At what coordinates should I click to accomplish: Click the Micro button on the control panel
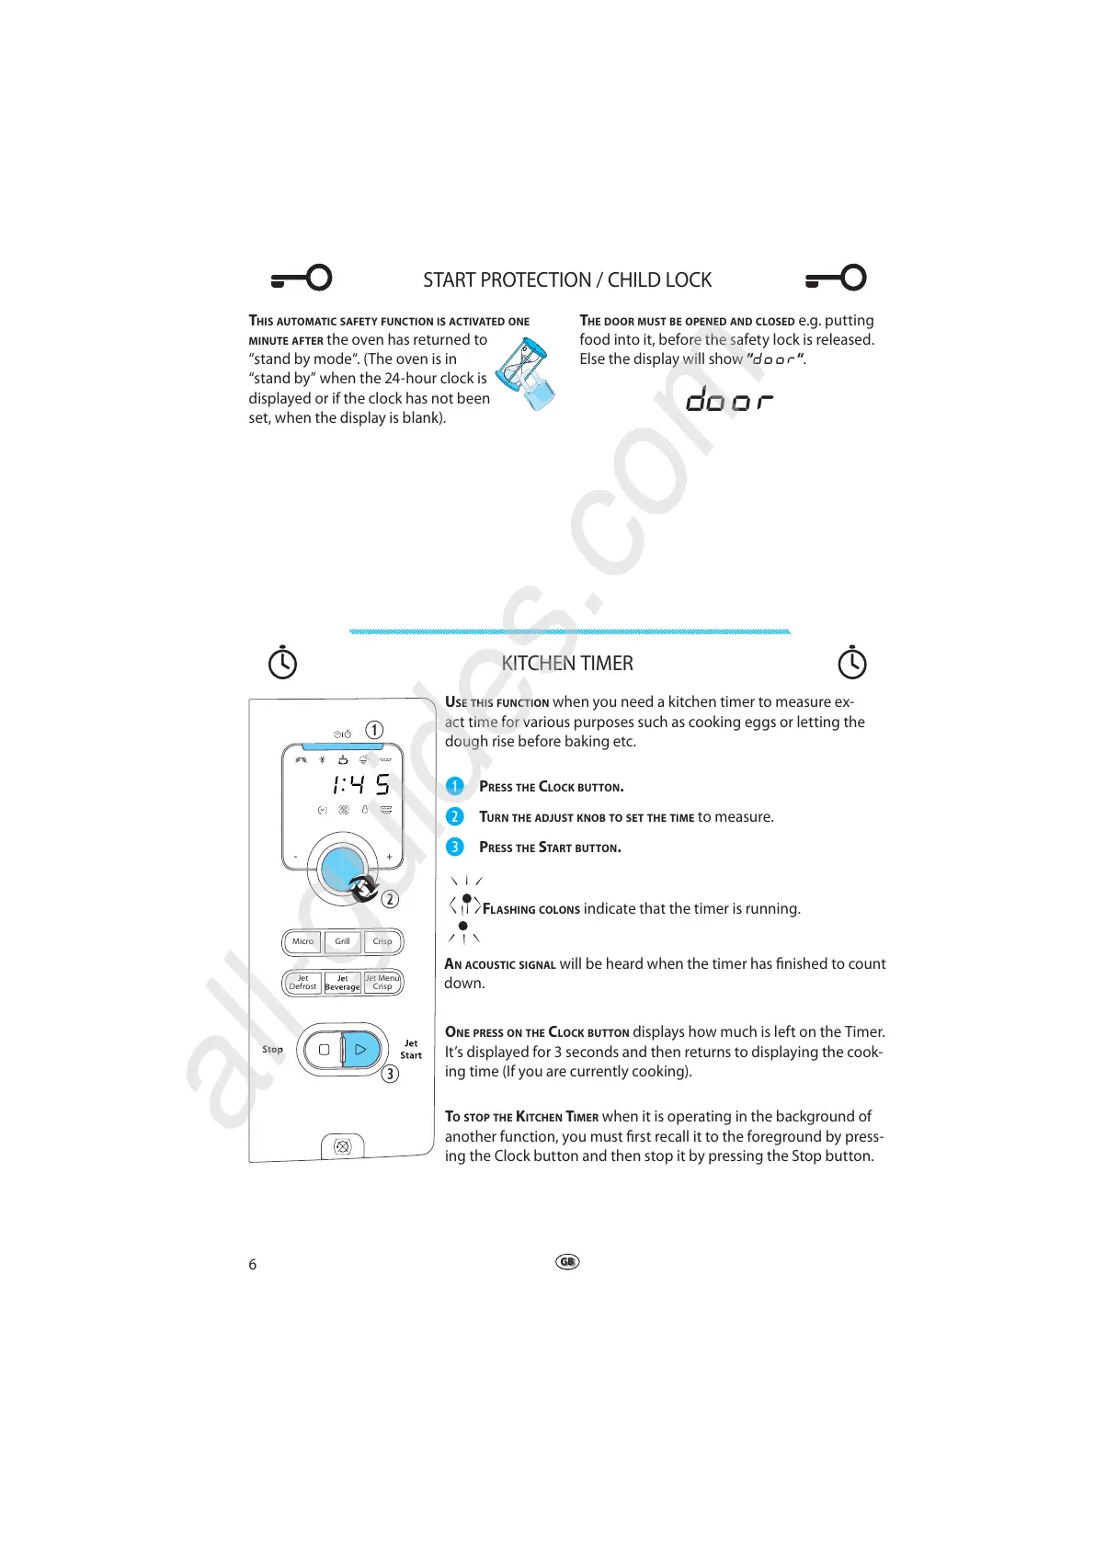tap(302, 941)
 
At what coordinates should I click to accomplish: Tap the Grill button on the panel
tap(342, 941)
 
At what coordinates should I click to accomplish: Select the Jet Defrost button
tap(302, 983)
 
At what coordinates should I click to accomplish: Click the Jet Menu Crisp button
tap(382, 983)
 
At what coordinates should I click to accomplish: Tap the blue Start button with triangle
tap(360, 1049)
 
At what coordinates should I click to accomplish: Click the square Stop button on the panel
tap(324, 1049)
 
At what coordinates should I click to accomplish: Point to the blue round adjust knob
tap(342, 869)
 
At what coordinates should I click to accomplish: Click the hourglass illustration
tap(526, 373)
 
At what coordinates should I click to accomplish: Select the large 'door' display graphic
tap(729, 400)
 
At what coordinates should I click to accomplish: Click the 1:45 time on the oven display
tap(360, 784)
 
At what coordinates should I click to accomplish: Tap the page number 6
tap(253, 1265)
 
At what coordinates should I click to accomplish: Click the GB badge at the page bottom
tap(567, 1262)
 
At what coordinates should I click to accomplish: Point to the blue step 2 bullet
tap(454, 816)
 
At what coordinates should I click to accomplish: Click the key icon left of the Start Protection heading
tap(302, 278)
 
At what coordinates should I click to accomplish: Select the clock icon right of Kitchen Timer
tap(852, 663)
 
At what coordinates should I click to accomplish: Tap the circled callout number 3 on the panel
tap(390, 1074)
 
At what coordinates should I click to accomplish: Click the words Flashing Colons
tap(530, 909)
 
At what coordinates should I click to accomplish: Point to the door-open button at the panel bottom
tap(342, 1146)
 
